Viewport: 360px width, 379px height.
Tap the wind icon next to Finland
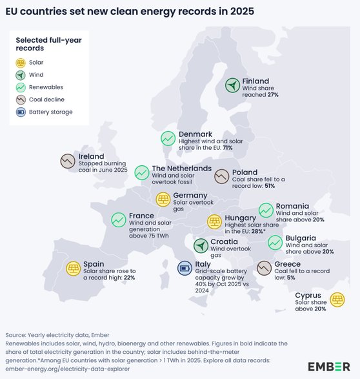point(232,85)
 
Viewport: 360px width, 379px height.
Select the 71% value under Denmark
point(228,147)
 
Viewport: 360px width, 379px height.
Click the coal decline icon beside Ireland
point(67,161)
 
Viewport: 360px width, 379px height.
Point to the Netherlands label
point(181,169)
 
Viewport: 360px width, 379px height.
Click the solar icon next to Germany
point(163,198)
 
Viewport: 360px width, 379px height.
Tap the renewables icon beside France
point(119,220)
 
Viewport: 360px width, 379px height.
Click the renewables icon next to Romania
point(266,210)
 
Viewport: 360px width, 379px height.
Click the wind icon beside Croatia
point(201,245)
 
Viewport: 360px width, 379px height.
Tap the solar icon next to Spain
point(73,267)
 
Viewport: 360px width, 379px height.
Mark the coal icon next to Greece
point(264,267)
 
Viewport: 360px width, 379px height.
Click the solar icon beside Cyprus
point(336,299)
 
